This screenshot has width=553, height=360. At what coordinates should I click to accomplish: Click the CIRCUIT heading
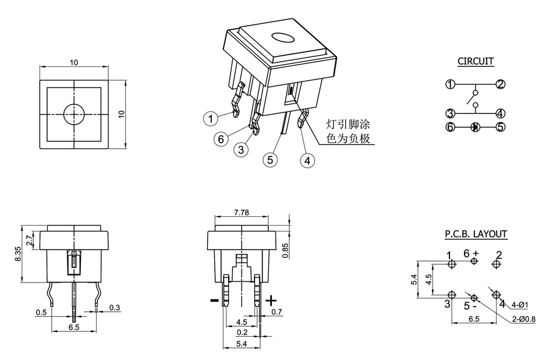(x=476, y=61)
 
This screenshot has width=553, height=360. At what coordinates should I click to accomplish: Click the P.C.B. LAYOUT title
(x=476, y=234)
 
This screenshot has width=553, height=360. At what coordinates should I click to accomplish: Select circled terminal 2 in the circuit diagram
(x=501, y=84)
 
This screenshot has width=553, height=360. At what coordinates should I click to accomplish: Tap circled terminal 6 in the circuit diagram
(x=450, y=126)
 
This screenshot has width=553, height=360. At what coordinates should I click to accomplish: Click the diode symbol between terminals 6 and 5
(x=475, y=126)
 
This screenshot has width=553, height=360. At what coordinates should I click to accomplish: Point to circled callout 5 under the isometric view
(x=269, y=159)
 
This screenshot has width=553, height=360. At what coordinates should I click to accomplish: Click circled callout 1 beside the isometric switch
(x=210, y=119)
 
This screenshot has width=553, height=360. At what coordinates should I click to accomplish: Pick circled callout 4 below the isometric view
(x=308, y=159)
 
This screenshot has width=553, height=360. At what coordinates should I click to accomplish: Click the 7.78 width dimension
(x=241, y=213)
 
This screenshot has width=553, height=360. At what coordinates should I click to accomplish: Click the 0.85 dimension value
(x=285, y=249)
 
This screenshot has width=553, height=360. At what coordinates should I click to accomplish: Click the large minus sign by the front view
(x=214, y=300)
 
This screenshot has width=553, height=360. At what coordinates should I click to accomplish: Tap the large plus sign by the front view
(x=271, y=300)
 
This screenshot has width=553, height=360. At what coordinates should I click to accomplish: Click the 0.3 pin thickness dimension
(x=114, y=307)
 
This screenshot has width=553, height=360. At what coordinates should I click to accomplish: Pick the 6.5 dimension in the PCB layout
(x=474, y=319)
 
